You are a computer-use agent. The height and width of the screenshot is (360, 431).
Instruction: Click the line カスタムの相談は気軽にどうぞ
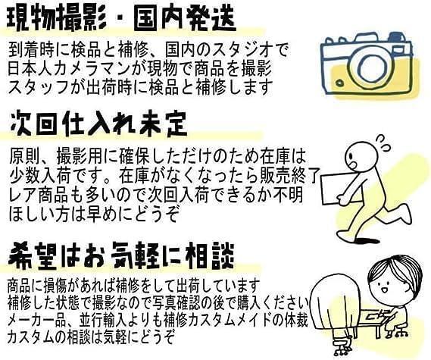click(x=91, y=334)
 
